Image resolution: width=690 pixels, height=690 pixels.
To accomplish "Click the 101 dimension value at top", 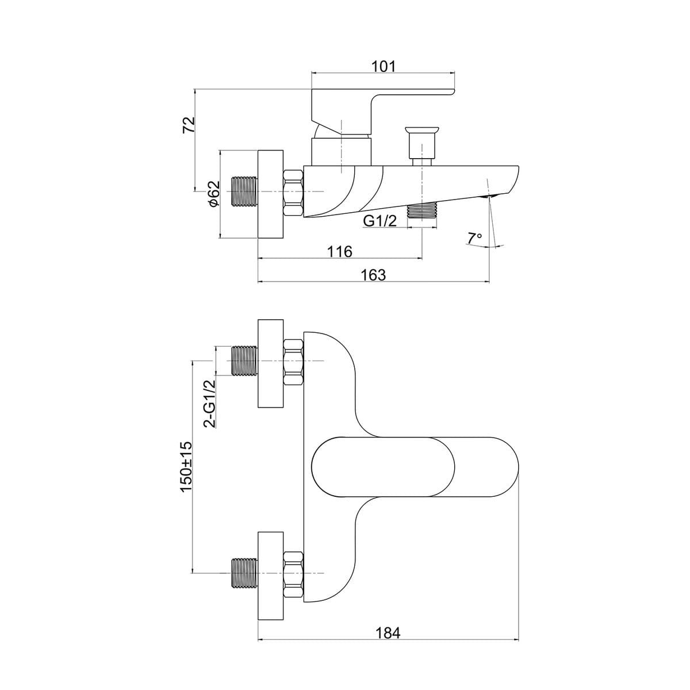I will (x=384, y=66).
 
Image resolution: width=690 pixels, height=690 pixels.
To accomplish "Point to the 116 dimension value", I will (x=339, y=251).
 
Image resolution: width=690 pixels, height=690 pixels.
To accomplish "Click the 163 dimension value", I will (x=374, y=275).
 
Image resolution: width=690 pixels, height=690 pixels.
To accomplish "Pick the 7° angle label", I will (x=474, y=237).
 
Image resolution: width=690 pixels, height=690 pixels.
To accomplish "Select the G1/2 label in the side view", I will (x=380, y=220).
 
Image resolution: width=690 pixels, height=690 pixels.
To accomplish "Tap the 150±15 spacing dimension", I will (x=186, y=466).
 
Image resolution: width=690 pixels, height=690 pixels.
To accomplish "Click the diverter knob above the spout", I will (x=422, y=140).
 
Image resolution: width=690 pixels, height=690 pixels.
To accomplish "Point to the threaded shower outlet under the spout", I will (x=423, y=212).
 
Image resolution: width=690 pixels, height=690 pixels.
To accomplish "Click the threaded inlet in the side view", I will (x=244, y=191).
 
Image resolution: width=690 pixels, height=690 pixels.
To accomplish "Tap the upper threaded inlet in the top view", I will (x=244, y=361).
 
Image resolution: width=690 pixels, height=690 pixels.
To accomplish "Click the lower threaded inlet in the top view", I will (x=244, y=573).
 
